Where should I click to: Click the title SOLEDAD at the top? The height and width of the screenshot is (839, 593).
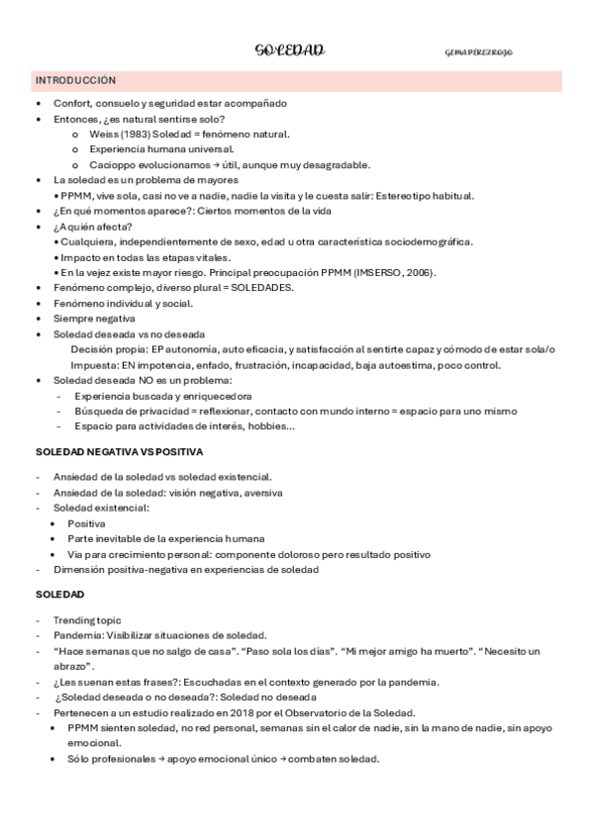click(289, 50)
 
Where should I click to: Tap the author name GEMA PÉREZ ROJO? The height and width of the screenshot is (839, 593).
click(479, 51)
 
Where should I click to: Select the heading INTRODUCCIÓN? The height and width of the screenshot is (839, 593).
click(75, 79)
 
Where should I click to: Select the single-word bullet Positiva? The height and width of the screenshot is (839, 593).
click(86, 523)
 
